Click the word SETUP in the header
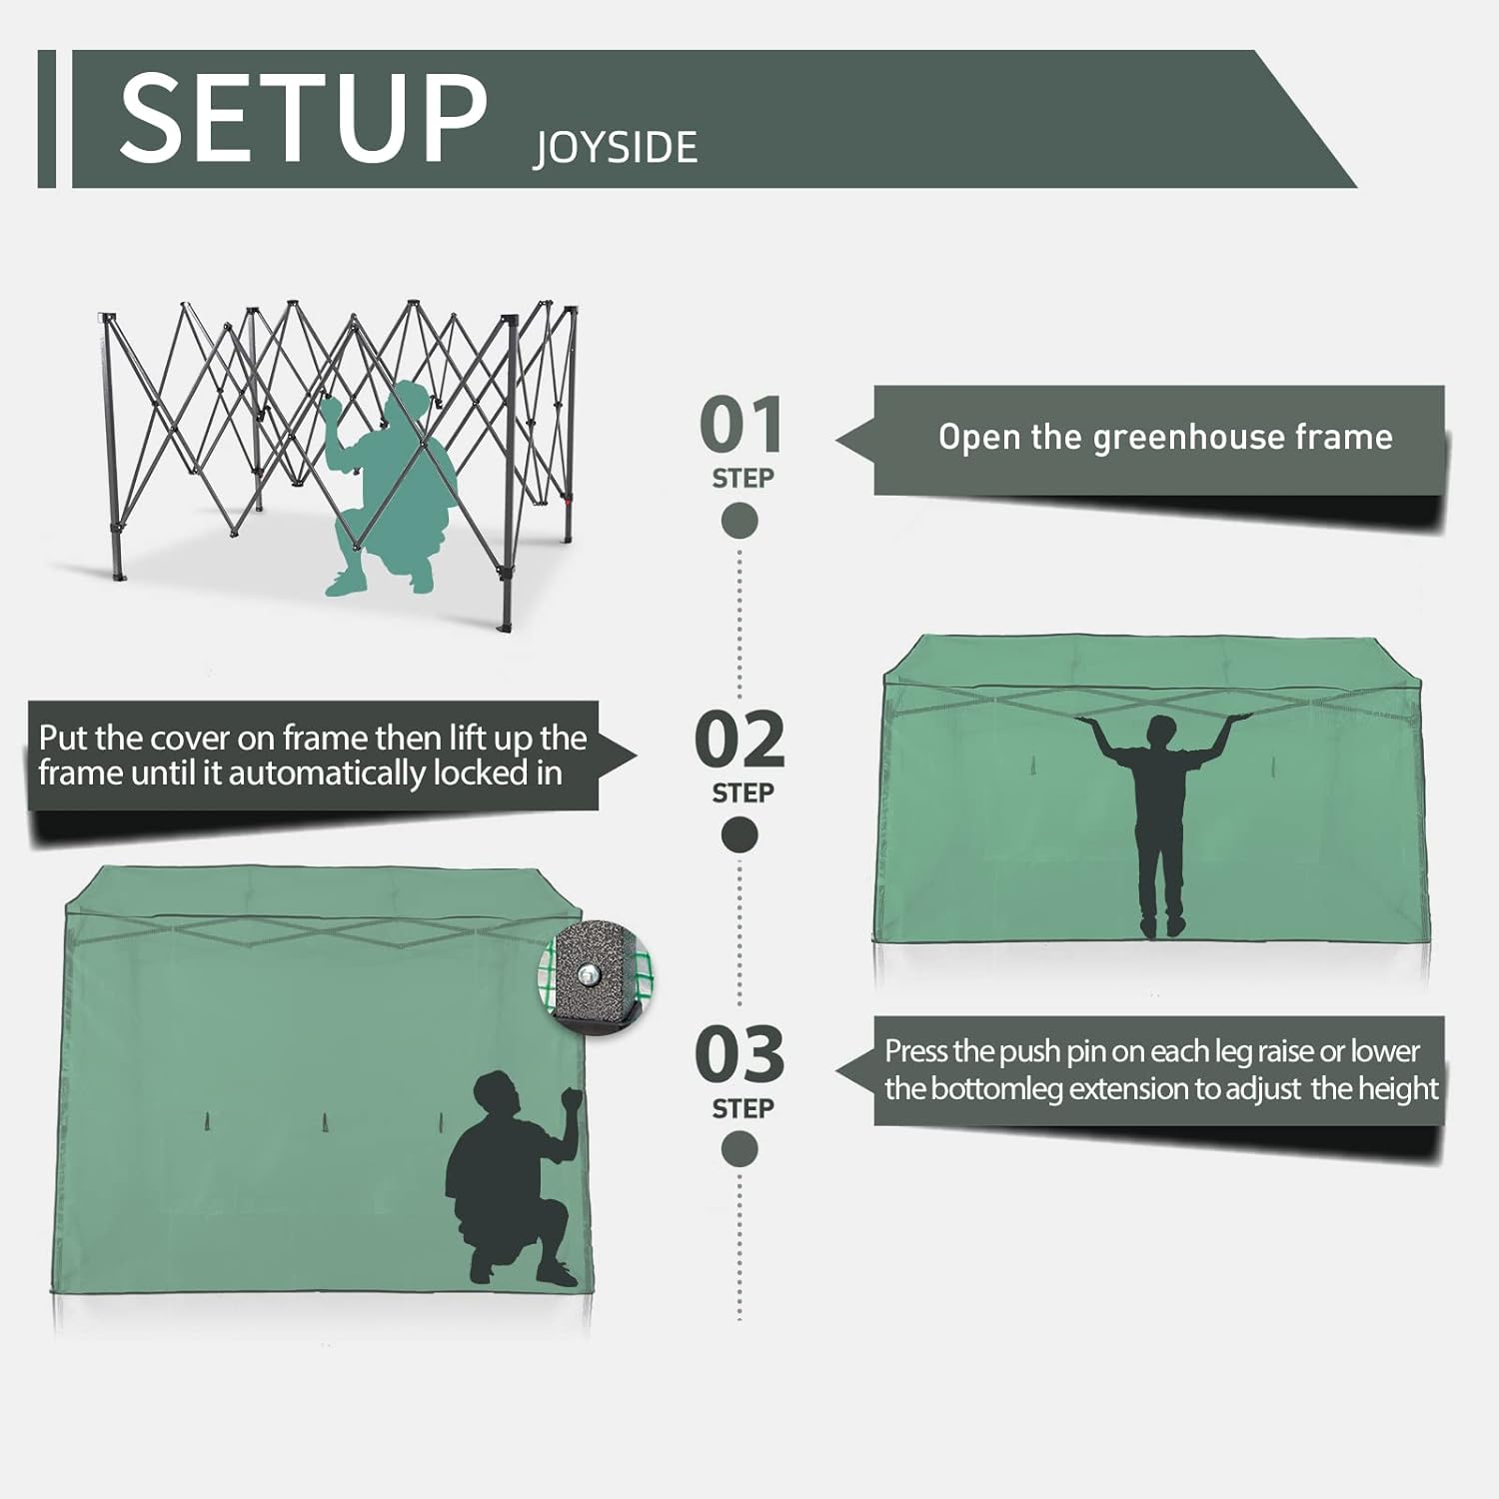click(x=303, y=119)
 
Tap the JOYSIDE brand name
click(x=616, y=148)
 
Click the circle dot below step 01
click(x=740, y=521)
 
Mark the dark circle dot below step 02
click(x=740, y=835)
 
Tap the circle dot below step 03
click(x=740, y=1149)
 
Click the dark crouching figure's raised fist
click(x=571, y=1098)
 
